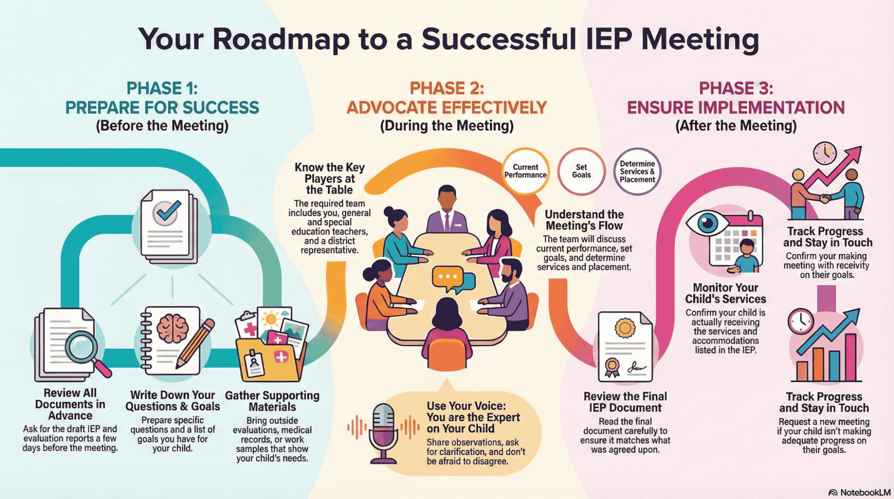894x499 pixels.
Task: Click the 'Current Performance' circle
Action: coord(525,171)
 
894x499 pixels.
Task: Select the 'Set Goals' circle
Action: coord(581,171)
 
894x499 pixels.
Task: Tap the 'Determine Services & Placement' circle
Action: coord(637,172)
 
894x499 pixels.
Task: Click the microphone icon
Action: coord(383,431)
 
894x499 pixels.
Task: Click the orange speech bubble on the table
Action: coord(447,277)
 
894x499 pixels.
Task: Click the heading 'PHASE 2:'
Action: coord(447,88)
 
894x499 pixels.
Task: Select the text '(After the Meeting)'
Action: coord(736,126)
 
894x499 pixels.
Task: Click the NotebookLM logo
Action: coord(859,492)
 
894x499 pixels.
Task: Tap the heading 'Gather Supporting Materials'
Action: coord(272,401)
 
